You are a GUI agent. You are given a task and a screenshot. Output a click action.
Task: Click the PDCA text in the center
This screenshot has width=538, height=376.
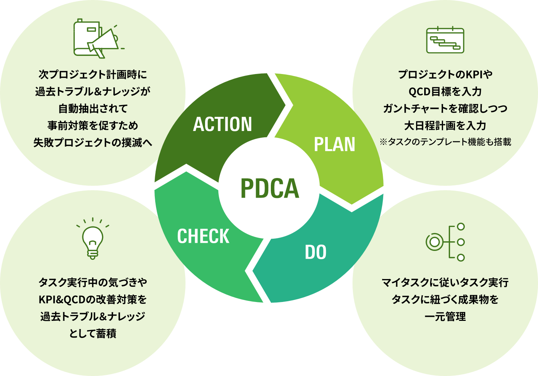tap(269, 188)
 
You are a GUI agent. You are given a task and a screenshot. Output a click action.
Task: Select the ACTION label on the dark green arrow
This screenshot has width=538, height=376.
tap(222, 124)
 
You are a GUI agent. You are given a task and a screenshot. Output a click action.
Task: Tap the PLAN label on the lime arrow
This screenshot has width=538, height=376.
tap(334, 144)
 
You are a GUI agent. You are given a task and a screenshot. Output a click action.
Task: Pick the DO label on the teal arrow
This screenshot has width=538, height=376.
tap(316, 252)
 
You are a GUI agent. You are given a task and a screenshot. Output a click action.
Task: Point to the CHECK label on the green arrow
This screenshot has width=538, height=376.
tap(203, 236)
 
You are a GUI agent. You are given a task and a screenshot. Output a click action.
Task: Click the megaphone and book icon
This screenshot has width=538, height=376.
tap(97, 38)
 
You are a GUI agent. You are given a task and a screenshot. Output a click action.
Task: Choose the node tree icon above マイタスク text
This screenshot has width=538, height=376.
tap(445, 242)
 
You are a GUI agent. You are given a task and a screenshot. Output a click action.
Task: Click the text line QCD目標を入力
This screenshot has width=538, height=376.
tap(445, 91)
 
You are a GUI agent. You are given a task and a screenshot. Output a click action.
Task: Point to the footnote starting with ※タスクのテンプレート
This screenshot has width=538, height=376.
tap(445, 142)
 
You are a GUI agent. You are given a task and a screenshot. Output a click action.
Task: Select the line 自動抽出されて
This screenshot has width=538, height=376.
tap(93, 108)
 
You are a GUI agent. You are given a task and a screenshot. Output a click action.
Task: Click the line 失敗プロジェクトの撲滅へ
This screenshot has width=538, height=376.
tap(93, 142)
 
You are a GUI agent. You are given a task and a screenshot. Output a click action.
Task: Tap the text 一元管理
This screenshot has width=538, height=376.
tap(445, 317)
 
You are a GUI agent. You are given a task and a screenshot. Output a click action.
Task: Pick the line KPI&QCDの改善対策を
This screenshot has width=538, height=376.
tap(93, 299)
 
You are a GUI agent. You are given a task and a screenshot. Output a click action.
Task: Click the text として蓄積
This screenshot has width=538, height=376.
tap(93, 333)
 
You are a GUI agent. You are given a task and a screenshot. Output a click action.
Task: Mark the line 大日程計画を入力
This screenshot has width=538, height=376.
tap(445, 125)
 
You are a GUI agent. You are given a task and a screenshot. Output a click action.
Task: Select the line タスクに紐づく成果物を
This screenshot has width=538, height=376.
tap(445, 299)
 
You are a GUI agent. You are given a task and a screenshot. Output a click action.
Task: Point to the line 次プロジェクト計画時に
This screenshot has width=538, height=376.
tap(93, 74)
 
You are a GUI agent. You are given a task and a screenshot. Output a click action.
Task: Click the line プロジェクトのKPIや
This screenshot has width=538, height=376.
tap(445, 74)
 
